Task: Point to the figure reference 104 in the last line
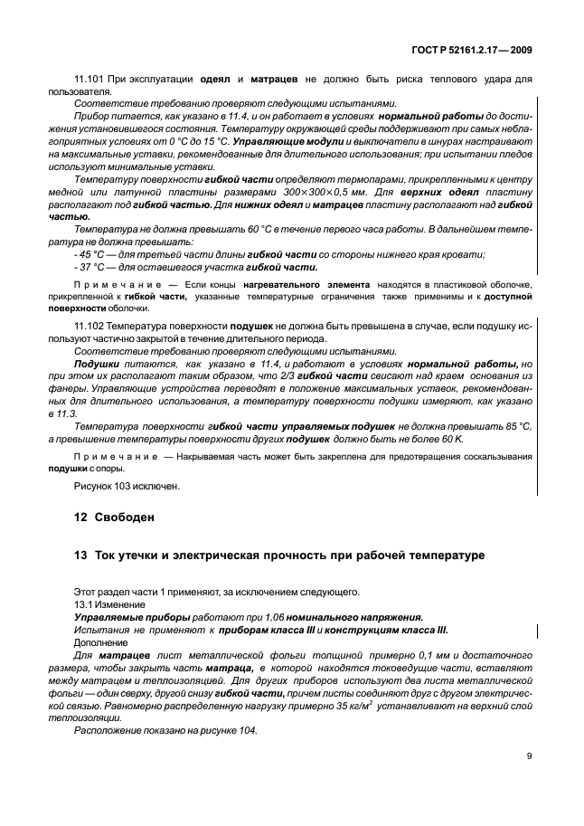pos(244,727)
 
